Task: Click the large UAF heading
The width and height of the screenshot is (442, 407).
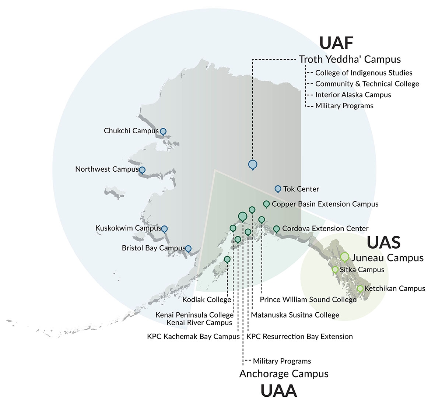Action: pyautogui.click(x=336, y=43)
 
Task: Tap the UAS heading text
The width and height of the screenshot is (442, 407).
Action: pyautogui.click(x=383, y=242)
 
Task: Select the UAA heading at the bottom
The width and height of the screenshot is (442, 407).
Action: pyautogui.click(x=278, y=391)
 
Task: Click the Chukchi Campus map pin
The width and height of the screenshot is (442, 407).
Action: pyautogui.click(x=163, y=131)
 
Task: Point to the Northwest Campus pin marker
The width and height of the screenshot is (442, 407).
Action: pyautogui.click(x=142, y=170)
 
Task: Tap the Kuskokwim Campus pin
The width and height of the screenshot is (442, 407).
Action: pyautogui.click(x=164, y=229)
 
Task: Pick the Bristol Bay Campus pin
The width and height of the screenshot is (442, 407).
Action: pyautogui.click(x=188, y=249)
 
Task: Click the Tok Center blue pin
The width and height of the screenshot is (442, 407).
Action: pyautogui.click(x=278, y=189)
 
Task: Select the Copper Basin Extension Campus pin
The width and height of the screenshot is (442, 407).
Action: pyautogui.click(x=266, y=204)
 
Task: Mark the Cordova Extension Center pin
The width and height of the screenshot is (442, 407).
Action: pyautogui.click(x=276, y=229)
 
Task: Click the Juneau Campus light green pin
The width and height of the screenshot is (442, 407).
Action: pyautogui.click(x=344, y=256)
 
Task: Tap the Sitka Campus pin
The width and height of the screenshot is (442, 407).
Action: pyautogui.click(x=335, y=270)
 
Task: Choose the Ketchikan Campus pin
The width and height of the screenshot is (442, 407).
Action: pyautogui.click(x=360, y=288)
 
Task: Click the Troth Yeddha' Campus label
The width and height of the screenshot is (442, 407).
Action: pyautogui.click(x=350, y=59)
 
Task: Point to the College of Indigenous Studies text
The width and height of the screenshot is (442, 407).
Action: pyautogui.click(x=364, y=73)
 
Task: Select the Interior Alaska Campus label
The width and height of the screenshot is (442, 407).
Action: pyautogui.click(x=353, y=95)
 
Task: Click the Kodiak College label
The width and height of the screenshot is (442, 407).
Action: pyautogui.click(x=207, y=300)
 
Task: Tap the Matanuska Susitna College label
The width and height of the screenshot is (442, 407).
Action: pyautogui.click(x=295, y=315)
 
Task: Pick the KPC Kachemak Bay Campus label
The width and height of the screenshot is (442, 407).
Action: pyautogui.click(x=193, y=337)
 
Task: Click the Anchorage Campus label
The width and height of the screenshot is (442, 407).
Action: pyautogui.click(x=284, y=374)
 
